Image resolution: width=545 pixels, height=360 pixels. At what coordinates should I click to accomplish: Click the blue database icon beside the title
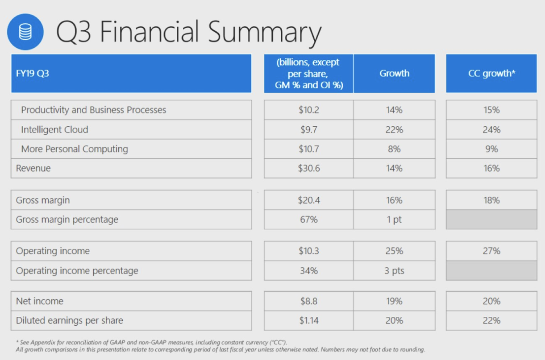(x=25, y=32)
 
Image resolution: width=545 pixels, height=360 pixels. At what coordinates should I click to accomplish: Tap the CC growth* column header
(x=491, y=74)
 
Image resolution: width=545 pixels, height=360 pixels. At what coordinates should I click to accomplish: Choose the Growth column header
(x=394, y=74)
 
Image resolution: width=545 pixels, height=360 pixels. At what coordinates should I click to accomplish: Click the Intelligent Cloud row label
(x=54, y=130)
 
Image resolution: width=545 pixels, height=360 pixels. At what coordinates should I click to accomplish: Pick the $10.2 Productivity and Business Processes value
(x=308, y=110)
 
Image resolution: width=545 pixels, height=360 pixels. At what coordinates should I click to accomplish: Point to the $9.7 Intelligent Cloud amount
(x=308, y=130)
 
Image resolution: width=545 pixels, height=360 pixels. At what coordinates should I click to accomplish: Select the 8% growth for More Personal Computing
(x=394, y=149)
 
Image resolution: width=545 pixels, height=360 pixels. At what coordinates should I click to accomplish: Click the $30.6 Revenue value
(x=308, y=169)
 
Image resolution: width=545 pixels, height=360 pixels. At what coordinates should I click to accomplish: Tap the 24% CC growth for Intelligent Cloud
(x=491, y=130)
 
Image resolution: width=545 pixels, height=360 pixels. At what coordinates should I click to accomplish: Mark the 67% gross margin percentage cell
(x=308, y=219)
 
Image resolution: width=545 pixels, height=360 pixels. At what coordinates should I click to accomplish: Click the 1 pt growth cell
(x=394, y=219)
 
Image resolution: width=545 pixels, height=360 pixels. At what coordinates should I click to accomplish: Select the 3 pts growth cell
(x=394, y=271)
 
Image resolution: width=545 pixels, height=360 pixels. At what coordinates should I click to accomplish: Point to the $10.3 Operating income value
(x=308, y=251)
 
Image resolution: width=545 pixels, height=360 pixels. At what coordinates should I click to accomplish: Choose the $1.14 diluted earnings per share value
(x=308, y=320)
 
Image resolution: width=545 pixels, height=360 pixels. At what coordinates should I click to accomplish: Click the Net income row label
(x=40, y=301)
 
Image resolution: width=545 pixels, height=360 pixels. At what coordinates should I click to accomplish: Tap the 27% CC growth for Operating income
(x=491, y=251)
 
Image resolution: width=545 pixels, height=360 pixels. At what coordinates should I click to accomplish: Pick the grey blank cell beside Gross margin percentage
(x=491, y=219)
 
